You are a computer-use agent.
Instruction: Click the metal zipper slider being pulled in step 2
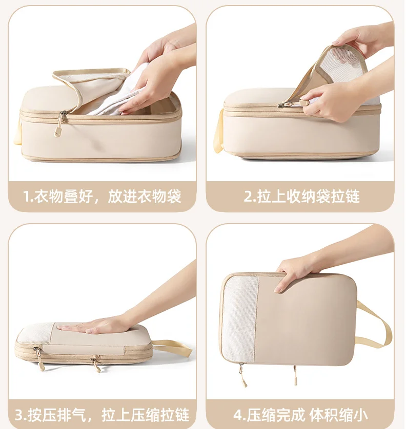click(286, 105)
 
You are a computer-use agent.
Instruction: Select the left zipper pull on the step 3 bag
click(39, 358)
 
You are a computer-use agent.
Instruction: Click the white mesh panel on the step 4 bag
click(240, 319)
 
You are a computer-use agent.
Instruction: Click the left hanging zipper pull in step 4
click(242, 375)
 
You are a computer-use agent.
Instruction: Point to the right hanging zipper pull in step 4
click(295, 375)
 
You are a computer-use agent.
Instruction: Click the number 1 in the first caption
click(27, 197)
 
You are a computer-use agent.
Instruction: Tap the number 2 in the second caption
click(248, 197)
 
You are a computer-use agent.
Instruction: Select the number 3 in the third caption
click(19, 415)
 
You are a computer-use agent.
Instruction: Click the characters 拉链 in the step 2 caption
click(345, 197)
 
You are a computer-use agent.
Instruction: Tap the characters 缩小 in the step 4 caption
click(353, 415)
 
